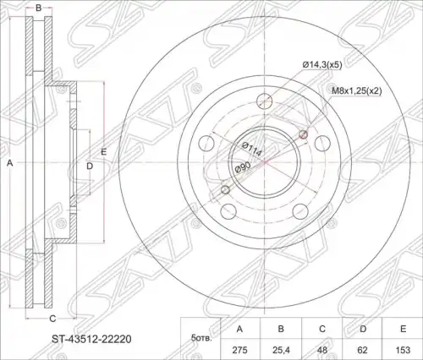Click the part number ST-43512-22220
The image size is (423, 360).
[91, 339]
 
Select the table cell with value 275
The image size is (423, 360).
[239, 350]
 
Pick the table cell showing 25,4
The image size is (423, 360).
[281, 350]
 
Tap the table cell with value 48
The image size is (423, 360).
[321, 350]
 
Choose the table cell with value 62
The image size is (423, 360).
[362, 350]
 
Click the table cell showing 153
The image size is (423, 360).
[403, 350]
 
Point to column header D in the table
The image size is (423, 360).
[362, 329]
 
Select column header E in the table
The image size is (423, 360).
[403, 329]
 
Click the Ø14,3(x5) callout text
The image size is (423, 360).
[322, 65]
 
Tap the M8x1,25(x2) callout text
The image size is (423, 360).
[357, 90]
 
